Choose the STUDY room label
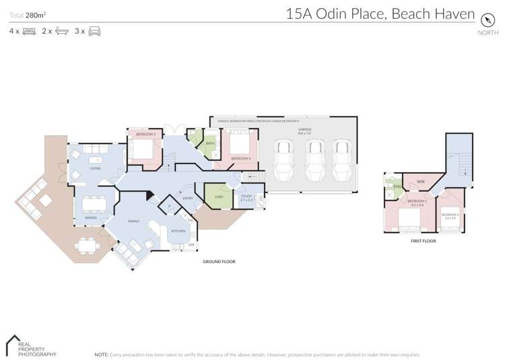click(x=246, y=196)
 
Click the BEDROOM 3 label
click(x=145, y=135)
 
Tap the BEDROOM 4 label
click(x=240, y=158)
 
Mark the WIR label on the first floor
click(x=420, y=182)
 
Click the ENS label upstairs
click(x=397, y=186)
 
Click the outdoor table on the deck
click(x=86, y=246)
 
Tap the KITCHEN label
click(x=178, y=231)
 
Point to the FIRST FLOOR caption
click(x=424, y=241)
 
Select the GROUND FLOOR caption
click(x=219, y=261)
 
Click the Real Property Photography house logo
click(x=11, y=345)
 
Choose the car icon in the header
click(x=94, y=31)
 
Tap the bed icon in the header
click(x=29, y=31)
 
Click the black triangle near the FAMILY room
click(x=150, y=198)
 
